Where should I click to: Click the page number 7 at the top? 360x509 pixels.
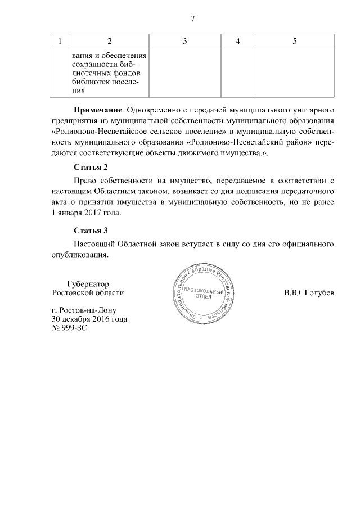192,19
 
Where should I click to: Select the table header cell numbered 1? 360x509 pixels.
60,42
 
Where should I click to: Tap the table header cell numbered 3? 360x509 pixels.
185,42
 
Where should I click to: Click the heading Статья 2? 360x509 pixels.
91,167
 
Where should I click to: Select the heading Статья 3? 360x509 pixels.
91,231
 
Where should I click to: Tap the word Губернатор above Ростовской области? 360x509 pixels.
88,283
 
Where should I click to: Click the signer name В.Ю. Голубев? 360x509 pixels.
309,293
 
